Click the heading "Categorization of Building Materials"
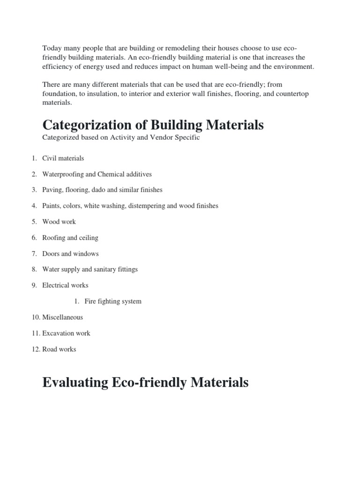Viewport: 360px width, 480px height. (153, 125)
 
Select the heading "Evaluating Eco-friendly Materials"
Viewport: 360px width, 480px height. (145, 382)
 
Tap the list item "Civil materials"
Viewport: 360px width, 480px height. (63, 158)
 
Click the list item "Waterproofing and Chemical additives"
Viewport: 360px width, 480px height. (97, 174)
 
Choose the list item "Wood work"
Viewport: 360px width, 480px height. (59, 222)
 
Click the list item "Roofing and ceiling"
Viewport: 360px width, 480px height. (70, 238)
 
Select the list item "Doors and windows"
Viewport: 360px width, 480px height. (70, 254)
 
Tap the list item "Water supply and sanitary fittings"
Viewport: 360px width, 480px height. (90, 270)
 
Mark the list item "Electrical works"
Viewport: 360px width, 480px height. (65, 285)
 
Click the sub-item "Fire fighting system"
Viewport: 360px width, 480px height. (113, 301)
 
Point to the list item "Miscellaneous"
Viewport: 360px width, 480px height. (62, 317)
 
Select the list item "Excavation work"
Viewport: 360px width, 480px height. (66, 333)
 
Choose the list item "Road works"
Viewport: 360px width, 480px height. (59, 349)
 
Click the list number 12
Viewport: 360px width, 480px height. (36, 349)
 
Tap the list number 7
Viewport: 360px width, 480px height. (34, 254)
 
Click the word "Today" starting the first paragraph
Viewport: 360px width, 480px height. (52, 48)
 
